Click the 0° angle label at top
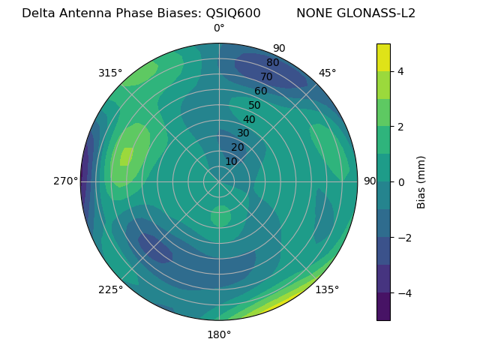coord(219,28)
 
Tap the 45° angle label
coord(327,73)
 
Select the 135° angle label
coord(327,289)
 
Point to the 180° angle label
coord(219,334)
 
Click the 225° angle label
coord(110,289)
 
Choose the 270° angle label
coord(65,181)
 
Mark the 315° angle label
coord(110,73)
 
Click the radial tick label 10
coord(231,161)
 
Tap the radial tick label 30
coord(243,133)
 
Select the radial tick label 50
coord(254,105)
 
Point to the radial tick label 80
coord(272,62)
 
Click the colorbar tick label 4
coord(401,71)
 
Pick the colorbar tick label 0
coord(401,181)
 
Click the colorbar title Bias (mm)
coord(421,181)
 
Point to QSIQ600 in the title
coord(234,13)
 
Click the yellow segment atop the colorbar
coord(383,57)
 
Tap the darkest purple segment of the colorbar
coord(383,306)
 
